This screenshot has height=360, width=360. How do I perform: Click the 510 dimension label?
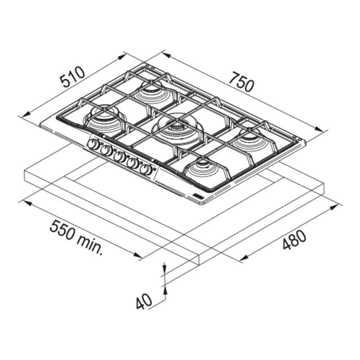[73, 77]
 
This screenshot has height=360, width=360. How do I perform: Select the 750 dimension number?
[242, 81]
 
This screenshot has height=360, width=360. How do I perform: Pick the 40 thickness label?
[144, 301]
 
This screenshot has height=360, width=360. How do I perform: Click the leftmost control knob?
[93, 144]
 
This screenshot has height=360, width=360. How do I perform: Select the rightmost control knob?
[145, 170]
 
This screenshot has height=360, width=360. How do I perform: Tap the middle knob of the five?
[119, 157]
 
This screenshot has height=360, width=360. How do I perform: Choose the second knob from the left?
[105, 150]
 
